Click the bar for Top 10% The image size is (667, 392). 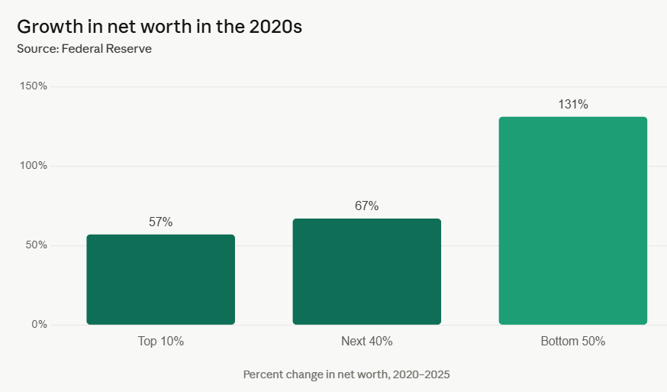point(160,280)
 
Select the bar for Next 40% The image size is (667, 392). point(366,272)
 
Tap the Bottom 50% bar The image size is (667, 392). point(572,221)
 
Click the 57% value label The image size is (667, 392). point(160,222)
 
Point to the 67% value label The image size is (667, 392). point(366,206)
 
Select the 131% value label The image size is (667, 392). point(572,105)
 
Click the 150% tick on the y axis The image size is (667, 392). point(34,86)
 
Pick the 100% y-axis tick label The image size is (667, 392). point(34,166)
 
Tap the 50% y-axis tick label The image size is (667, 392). point(36,245)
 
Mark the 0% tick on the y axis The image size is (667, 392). point(39,325)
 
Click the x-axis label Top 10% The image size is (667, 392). point(160,342)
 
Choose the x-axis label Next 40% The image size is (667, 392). point(366,342)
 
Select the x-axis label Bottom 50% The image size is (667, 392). point(572,342)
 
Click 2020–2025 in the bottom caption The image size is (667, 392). point(423,375)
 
